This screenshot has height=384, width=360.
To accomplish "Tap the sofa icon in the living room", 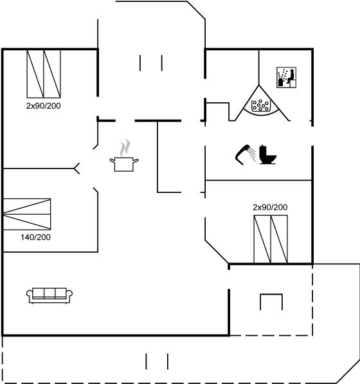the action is click(50, 295).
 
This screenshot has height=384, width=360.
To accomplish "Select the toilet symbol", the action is click(267, 154).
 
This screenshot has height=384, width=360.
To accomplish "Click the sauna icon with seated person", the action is click(286, 77).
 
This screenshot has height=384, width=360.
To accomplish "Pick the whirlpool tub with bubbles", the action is click(261, 105).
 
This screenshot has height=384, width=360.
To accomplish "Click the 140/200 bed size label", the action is click(35, 237).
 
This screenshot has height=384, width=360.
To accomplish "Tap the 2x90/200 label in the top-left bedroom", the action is click(43, 105).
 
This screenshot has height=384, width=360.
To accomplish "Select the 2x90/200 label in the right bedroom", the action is click(270, 207).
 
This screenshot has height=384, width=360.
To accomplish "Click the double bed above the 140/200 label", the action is click(27, 214).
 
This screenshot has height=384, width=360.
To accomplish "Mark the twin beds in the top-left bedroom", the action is click(44, 74).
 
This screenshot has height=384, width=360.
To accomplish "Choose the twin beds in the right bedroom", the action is click(271, 239).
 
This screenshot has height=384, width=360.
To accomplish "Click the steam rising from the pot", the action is click(125, 148).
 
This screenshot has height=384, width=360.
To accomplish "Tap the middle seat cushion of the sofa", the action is click(50, 293).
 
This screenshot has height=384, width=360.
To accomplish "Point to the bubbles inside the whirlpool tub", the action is click(260, 105).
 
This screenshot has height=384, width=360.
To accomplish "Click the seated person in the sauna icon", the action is click(291, 77).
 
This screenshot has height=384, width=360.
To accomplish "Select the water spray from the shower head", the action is click(251, 154).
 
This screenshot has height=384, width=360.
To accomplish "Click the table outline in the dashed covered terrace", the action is click(271, 302).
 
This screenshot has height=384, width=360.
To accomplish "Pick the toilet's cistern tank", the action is click(262, 150).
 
